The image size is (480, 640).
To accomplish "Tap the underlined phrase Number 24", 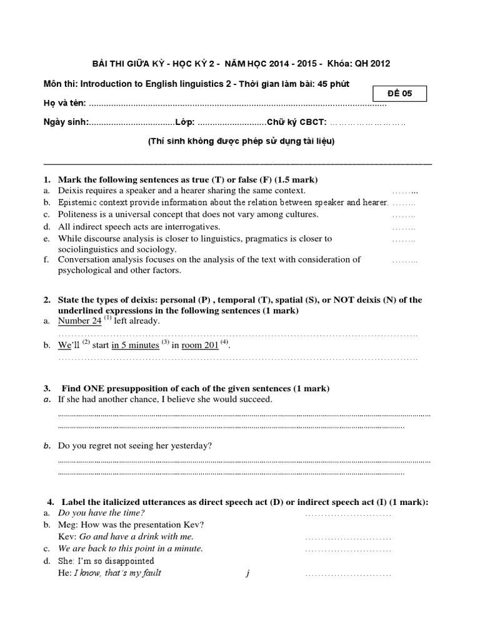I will pos(79,321).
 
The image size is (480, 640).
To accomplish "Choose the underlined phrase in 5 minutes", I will pos(135,345).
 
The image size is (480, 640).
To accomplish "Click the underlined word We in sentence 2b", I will pos(65,345).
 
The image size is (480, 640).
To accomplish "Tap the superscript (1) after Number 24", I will pos(107,318).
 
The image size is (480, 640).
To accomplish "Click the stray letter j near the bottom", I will pos(248,573).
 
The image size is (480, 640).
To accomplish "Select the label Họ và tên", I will pos(64,104).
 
